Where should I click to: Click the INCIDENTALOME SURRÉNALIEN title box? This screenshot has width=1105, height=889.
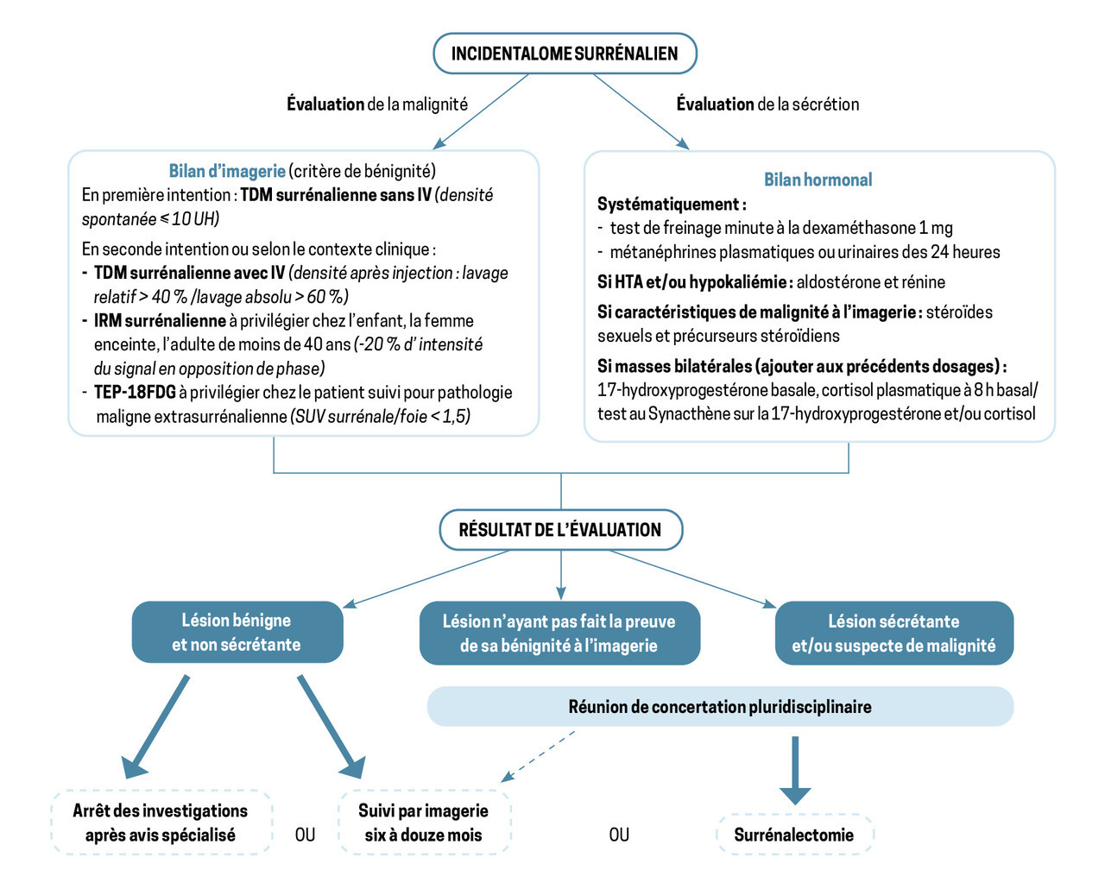(565, 54)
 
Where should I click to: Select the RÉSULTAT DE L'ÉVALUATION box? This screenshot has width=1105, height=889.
(560, 530)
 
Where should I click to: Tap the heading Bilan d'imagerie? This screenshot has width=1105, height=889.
(227, 171)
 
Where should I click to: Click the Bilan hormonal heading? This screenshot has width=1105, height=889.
(818, 180)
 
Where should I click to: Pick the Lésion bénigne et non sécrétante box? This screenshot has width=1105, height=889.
(237, 633)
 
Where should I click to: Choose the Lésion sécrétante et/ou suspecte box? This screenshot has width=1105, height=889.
(893, 634)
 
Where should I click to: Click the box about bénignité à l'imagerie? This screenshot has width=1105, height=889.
(559, 634)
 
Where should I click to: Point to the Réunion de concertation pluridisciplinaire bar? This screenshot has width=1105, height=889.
(720, 707)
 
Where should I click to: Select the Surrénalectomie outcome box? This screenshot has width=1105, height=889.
(794, 835)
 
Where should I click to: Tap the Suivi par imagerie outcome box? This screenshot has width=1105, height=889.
(424, 823)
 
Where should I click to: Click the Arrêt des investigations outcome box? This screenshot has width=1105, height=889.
(161, 823)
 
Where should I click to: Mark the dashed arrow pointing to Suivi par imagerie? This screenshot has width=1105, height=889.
(538, 756)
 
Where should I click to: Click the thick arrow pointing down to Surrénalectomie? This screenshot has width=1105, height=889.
(795, 769)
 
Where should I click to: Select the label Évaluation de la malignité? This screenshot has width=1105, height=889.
(377, 104)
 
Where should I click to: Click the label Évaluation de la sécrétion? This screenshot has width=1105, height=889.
(767, 104)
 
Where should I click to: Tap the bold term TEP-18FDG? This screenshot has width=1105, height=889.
(135, 393)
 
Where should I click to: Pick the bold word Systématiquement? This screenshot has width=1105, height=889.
(671, 205)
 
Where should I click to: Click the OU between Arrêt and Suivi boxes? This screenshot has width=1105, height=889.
(305, 835)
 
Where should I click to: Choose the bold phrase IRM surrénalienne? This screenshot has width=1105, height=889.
(160, 321)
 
